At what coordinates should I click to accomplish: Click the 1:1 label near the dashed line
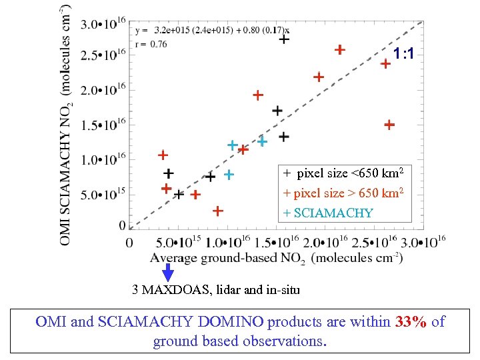pyautogui.click(x=403, y=53)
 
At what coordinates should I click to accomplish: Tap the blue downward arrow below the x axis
pyautogui.click(x=168, y=272)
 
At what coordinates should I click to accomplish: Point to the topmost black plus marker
pyautogui.click(x=284, y=39)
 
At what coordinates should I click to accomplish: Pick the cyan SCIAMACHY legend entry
pyautogui.click(x=329, y=213)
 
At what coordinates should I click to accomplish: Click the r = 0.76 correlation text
pyautogui.click(x=151, y=44)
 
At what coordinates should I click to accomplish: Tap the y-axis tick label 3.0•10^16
pyautogui.click(x=104, y=24)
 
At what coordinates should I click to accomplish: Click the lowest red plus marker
pyautogui.click(x=217, y=211)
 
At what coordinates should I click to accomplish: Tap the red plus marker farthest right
pyautogui.click(x=389, y=125)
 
